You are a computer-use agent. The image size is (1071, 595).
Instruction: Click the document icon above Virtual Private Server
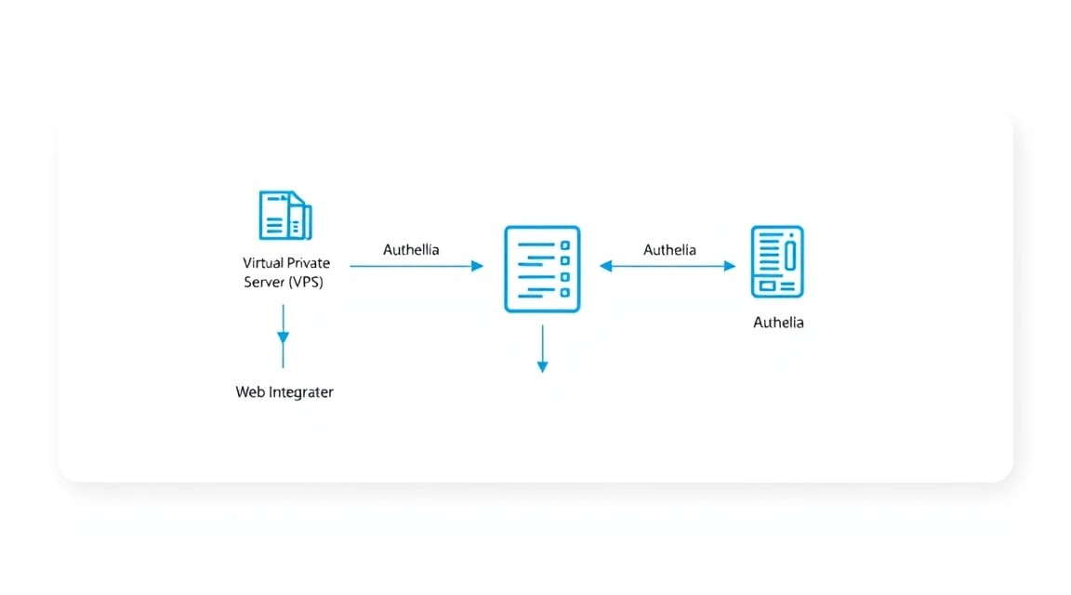pyautogui.click(x=285, y=215)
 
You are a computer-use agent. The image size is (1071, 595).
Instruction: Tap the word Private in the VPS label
pyautogui.click(x=307, y=263)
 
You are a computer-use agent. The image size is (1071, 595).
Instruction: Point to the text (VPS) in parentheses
pyautogui.click(x=305, y=282)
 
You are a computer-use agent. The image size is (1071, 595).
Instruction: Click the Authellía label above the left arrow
pyautogui.click(x=411, y=250)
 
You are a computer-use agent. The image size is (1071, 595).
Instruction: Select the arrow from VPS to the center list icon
pyautogui.click(x=416, y=266)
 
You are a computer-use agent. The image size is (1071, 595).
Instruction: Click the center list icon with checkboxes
pyautogui.click(x=542, y=270)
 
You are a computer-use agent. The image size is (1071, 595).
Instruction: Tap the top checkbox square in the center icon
pyautogui.click(x=565, y=245)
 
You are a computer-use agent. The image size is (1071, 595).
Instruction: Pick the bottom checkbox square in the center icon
pyautogui.click(x=565, y=292)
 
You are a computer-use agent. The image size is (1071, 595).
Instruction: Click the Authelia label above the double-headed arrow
pyautogui.click(x=669, y=250)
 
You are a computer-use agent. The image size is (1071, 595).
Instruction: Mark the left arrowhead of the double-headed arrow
pyautogui.click(x=605, y=266)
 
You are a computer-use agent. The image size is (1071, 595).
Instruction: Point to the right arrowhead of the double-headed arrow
pyautogui.click(x=730, y=266)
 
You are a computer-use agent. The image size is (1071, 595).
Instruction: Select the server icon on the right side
pyautogui.click(x=777, y=261)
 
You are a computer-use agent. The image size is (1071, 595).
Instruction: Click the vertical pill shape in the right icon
pyautogui.click(x=790, y=256)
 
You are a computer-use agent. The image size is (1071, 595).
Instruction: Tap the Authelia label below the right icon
pyautogui.click(x=779, y=323)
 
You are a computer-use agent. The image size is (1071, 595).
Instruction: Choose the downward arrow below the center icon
pyautogui.click(x=542, y=349)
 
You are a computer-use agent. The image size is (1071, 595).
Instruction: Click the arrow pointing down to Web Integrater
pyautogui.click(x=283, y=337)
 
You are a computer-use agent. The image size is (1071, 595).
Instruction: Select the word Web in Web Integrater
pyautogui.click(x=250, y=392)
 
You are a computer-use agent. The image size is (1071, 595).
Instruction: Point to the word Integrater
pyautogui.click(x=301, y=393)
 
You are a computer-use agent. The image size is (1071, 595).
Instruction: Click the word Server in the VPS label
pyautogui.click(x=264, y=282)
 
